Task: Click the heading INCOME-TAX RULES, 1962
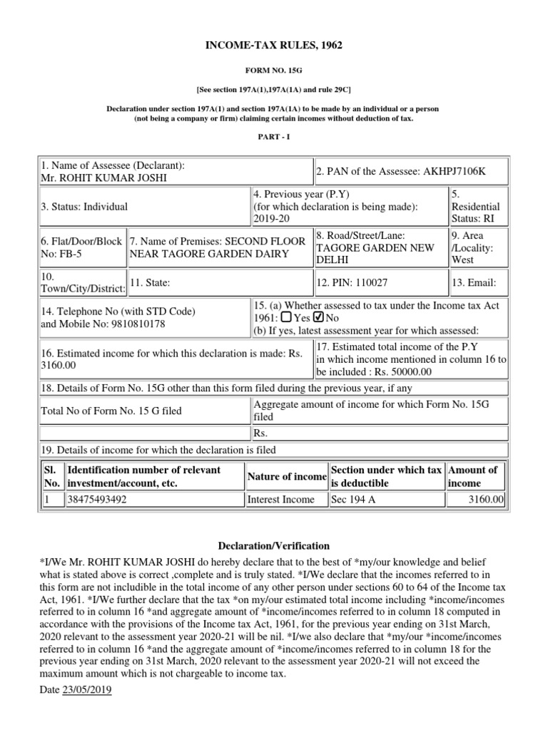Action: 274,46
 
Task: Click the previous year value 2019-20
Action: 269,219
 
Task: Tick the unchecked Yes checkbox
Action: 285,317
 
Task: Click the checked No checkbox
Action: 318,317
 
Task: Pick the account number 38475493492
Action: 97,500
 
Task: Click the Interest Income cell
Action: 280,500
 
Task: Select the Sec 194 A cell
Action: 353,500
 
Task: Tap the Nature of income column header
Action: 286,476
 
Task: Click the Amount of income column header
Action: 472,476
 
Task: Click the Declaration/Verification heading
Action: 274,546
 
